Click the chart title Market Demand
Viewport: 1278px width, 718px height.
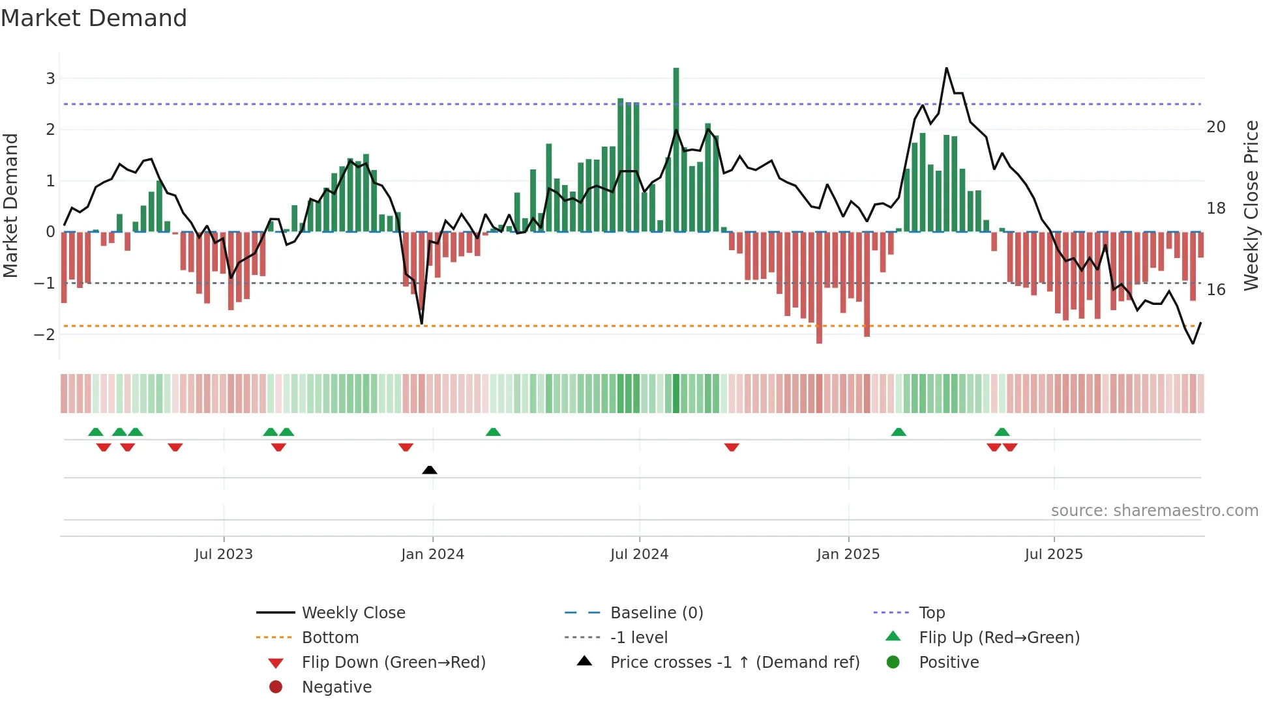(94, 18)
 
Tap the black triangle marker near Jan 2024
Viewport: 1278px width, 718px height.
(430, 470)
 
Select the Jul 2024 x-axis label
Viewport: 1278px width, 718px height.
(639, 554)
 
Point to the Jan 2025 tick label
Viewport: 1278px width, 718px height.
(848, 554)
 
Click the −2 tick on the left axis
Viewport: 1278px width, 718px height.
(45, 334)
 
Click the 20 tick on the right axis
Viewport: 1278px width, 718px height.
(1216, 127)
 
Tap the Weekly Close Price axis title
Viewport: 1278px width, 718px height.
(1251, 205)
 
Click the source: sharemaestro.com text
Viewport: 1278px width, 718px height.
(1154, 511)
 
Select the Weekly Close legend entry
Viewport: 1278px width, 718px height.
(353, 613)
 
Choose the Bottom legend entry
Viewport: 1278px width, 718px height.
(330, 638)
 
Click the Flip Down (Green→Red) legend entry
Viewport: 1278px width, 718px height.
(393, 663)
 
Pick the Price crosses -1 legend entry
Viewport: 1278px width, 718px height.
(734, 663)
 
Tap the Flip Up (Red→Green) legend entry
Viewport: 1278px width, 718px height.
(999, 638)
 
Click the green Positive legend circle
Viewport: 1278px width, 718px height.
(893, 663)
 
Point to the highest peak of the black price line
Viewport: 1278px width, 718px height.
(947, 68)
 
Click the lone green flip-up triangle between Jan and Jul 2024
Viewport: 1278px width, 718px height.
(493, 432)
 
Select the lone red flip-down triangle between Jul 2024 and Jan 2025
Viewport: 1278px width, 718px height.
(732, 447)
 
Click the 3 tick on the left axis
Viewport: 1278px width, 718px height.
(50, 79)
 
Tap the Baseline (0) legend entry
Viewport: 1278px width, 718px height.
(656, 613)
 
